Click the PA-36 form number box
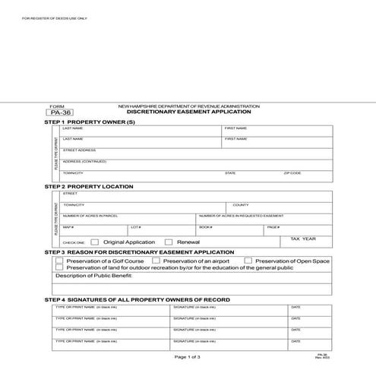(58, 112)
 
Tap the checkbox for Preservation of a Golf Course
(59, 261)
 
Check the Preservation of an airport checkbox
(156, 261)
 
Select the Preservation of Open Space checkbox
(248, 261)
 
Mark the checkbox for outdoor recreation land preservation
(59, 267)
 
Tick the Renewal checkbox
(169, 242)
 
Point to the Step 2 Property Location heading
(89, 186)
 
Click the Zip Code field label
(292, 173)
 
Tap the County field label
(240, 205)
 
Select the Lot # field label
(136, 227)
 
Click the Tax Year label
(303, 239)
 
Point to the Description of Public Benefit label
(94, 276)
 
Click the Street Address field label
(79, 150)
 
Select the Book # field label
(205, 227)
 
